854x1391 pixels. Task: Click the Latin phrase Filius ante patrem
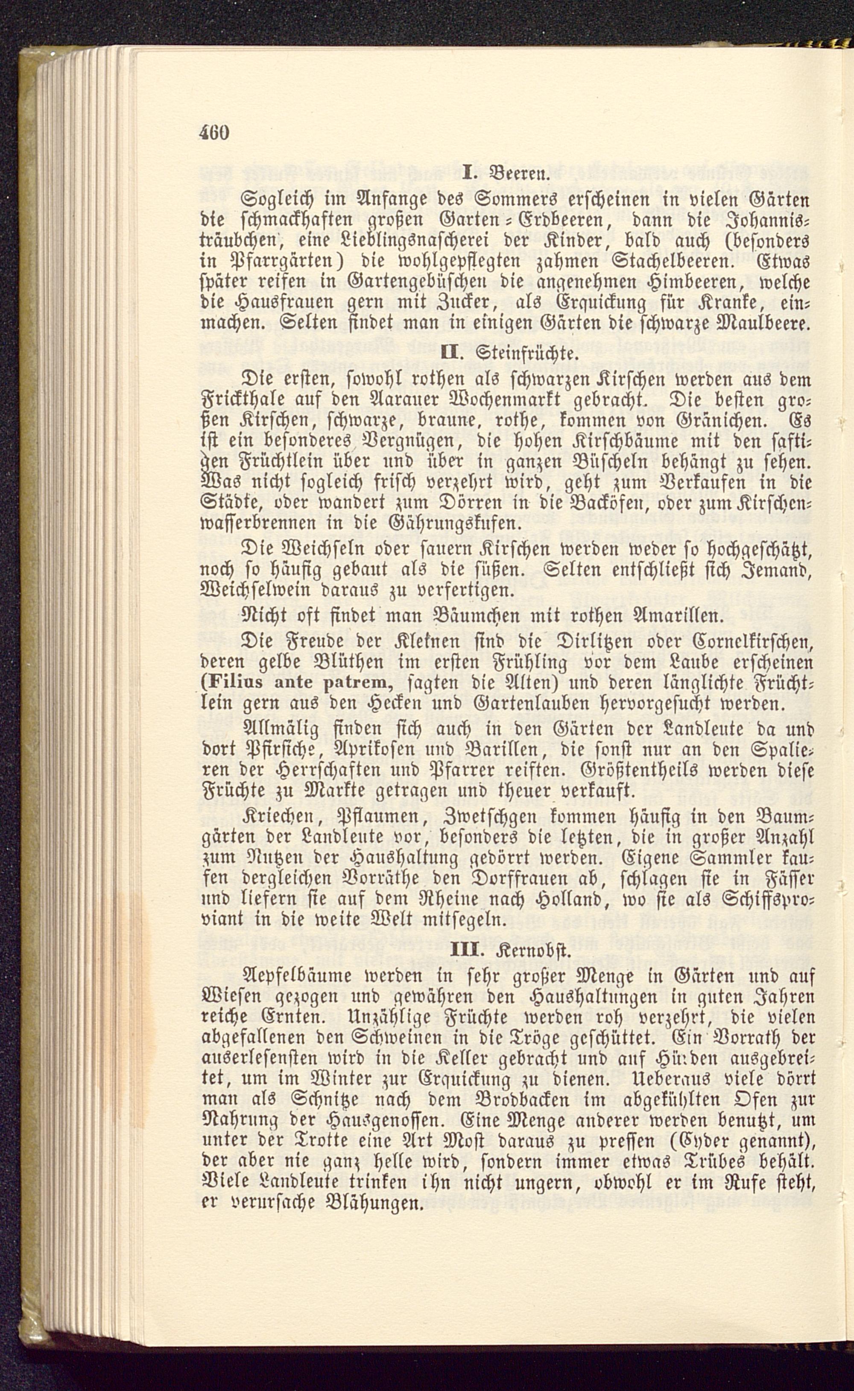[303, 682]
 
